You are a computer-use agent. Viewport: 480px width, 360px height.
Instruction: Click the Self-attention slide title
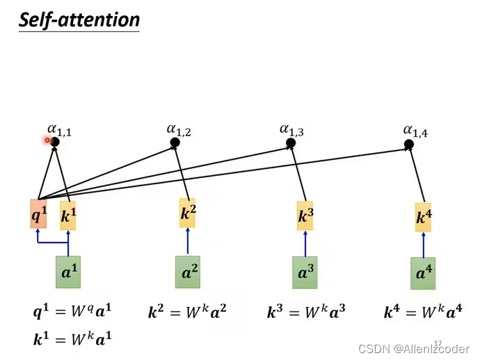(x=79, y=19)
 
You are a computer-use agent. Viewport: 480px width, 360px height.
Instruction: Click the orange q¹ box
(x=38, y=215)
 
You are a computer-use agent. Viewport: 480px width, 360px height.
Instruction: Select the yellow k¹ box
(x=67, y=216)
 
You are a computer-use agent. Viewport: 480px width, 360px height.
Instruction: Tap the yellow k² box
(x=188, y=213)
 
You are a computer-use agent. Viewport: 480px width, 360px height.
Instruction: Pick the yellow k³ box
(x=305, y=215)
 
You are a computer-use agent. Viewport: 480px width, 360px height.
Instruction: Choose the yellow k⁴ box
(x=424, y=217)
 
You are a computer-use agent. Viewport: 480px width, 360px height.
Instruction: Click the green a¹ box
(x=68, y=272)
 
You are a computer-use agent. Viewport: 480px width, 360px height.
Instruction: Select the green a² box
(x=188, y=272)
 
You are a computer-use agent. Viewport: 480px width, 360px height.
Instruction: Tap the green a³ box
(x=305, y=272)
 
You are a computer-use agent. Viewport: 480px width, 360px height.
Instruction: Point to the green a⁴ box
(x=423, y=273)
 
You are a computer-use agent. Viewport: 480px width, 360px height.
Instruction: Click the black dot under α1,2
(x=175, y=142)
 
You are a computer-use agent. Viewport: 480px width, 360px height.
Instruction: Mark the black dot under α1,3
(x=291, y=143)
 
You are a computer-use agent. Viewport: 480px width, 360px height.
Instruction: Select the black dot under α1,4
(x=409, y=145)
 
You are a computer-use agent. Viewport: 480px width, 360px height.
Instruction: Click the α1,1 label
(x=59, y=129)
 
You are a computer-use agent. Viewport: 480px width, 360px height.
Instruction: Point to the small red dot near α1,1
(x=47, y=140)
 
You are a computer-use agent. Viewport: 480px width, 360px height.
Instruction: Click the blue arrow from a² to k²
(x=188, y=242)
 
